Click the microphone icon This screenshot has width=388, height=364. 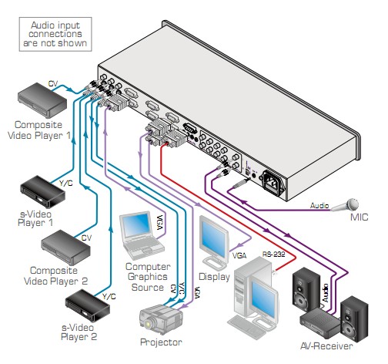pos(345,204)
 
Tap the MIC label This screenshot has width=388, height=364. pos(359,217)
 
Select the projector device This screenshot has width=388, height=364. pos(161,319)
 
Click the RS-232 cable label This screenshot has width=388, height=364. pos(273,254)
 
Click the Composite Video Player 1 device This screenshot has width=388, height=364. pos(42,100)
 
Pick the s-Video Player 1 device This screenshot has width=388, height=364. pos(42,191)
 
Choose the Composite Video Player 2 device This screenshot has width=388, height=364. pos(65,247)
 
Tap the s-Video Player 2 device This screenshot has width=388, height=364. pos(88,305)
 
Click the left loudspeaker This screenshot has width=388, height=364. pos(306,290)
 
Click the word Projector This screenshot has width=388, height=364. pos(161,342)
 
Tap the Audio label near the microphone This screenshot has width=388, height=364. pos(319,205)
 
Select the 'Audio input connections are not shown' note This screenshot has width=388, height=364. pos(55,34)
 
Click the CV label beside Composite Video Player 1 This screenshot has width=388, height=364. pos(53,84)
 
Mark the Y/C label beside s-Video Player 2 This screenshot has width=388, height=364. pos(109,296)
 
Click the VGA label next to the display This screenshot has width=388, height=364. pos(239,255)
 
